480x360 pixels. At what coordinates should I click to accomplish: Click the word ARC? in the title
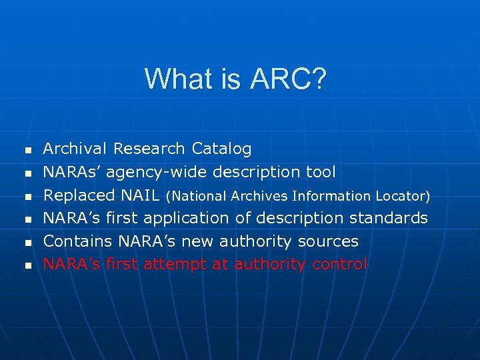click(x=289, y=79)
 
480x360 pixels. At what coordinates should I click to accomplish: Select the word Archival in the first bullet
click(x=75, y=149)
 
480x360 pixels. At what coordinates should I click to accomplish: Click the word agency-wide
click(x=157, y=173)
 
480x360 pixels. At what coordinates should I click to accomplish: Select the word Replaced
click(x=79, y=195)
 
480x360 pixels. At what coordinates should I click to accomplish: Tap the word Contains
click(x=78, y=241)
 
